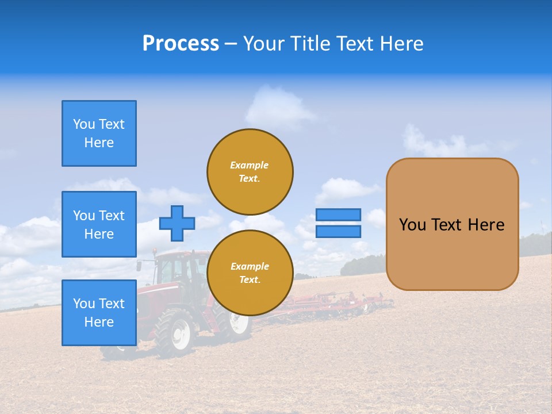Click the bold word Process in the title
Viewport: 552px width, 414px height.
point(181,44)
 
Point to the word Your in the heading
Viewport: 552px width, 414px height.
point(263,44)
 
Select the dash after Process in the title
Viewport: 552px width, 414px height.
point(231,44)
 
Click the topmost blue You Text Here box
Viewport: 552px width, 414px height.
point(99,133)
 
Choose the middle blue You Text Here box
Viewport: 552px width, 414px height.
point(99,224)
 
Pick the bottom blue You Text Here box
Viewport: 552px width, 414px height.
point(99,313)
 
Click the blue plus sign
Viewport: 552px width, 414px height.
point(177,223)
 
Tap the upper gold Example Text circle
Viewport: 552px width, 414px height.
point(250,171)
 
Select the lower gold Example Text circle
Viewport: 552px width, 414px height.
point(250,273)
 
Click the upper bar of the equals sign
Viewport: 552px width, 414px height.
point(338,215)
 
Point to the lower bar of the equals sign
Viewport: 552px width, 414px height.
point(338,232)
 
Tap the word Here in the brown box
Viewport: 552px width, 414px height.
point(486,225)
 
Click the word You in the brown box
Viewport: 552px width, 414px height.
point(412,225)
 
